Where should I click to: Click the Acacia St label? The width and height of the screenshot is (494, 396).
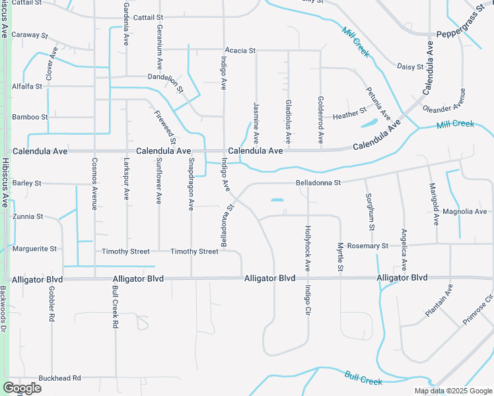click(240, 50)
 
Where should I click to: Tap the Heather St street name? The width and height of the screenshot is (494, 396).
click(349, 113)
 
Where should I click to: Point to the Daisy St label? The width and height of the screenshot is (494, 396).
click(409, 67)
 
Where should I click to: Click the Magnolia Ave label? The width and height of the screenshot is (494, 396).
click(464, 212)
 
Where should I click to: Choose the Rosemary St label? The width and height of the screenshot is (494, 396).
click(367, 246)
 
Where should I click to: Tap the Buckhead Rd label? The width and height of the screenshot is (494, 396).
click(59, 378)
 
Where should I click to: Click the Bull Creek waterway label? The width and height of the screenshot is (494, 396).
click(363, 378)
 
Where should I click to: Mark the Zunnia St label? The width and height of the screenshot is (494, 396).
click(27, 216)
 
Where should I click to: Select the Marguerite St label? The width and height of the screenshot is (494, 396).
click(34, 249)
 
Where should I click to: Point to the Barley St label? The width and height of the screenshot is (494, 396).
click(27, 183)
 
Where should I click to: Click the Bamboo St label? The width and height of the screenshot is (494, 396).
click(30, 117)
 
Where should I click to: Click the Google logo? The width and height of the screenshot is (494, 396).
click(22, 388)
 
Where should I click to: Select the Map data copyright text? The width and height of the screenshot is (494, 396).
click(454, 391)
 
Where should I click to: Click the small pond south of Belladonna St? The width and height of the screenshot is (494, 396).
click(277, 200)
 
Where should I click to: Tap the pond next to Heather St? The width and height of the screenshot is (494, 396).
click(369, 123)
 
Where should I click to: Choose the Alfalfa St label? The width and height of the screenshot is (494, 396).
click(27, 86)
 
